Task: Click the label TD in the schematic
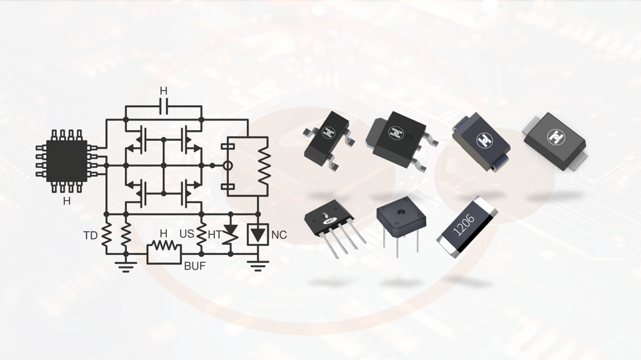(x=90, y=236)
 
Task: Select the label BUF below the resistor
(x=195, y=266)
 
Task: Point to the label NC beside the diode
(x=279, y=236)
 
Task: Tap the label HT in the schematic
(x=214, y=236)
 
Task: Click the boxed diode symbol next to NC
(x=258, y=234)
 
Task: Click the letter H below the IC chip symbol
(x=67, y=201)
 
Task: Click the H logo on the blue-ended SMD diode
(x=481, y=138)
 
